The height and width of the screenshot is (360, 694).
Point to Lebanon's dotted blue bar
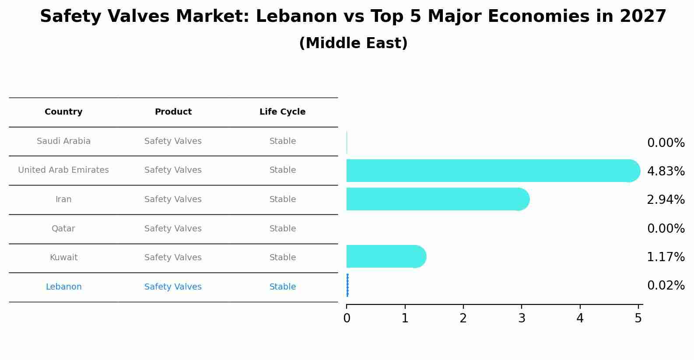pos(347,285)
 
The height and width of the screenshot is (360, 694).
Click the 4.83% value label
pos(666,171)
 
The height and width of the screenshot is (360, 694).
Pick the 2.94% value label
pos(666,200)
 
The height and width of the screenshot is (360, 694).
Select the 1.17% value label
pos(666,257)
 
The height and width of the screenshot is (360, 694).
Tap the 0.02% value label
pos(666,286)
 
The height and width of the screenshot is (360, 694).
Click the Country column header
pos(63,112)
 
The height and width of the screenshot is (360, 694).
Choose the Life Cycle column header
pos(282,112)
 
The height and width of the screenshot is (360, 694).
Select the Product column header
pos(173,112)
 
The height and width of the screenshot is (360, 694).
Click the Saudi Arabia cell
pos(63,141)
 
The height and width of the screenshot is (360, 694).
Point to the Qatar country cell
pos(63,229)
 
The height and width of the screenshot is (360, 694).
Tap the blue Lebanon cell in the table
pos(63,287)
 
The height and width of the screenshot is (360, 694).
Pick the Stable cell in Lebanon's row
pos(282,287)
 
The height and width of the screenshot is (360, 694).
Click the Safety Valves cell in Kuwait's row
pos(173,258)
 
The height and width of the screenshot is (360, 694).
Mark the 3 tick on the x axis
pos(522,318)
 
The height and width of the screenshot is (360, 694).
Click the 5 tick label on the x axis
pos(638,318)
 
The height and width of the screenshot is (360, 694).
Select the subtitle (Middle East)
pos(353,43)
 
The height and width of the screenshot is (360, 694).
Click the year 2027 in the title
pos(643,17)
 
